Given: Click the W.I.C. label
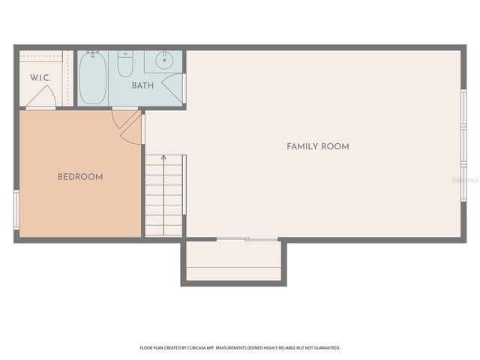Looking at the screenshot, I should pyautogui.click(x=39, y=78).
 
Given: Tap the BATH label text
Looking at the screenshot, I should pyautogui.click(x=142, y=85).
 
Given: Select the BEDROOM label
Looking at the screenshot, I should pyautogui.click(x=80, y=177).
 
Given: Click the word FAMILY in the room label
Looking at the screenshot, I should pyautogui.click(x=302, y=146).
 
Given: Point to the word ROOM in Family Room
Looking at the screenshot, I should pyautogui.click(x=335, y=146).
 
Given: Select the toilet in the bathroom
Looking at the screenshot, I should pyautogui.click(x=125, y=64).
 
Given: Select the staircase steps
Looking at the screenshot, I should pyautogui.click(x=163, y=195).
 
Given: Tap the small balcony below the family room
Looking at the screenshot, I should pyautogui.click(x=233, y=262).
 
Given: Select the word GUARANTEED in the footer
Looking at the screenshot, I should pyautogui.click(x=325, y=348).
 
